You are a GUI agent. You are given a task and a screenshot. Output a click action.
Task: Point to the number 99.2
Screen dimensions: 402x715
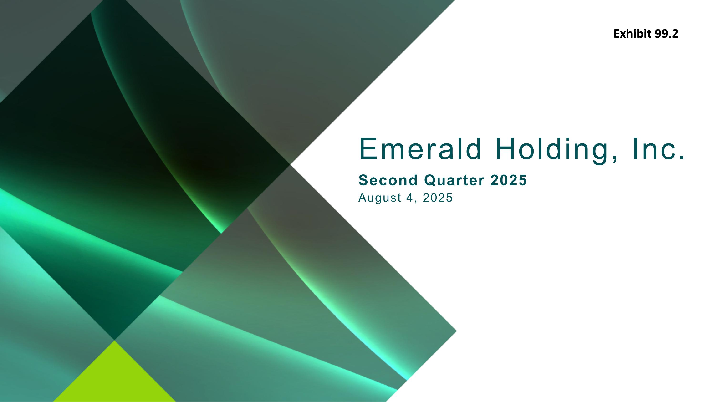point(666,34)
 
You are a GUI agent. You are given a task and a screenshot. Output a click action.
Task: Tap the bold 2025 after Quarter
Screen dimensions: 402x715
point(509,180)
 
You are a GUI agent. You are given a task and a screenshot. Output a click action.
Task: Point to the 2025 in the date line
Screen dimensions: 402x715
point(438,198)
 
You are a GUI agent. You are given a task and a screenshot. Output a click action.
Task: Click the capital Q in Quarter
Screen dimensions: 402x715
point(430,180)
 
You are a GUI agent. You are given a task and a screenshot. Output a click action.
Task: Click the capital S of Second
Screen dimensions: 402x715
point(364,180)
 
